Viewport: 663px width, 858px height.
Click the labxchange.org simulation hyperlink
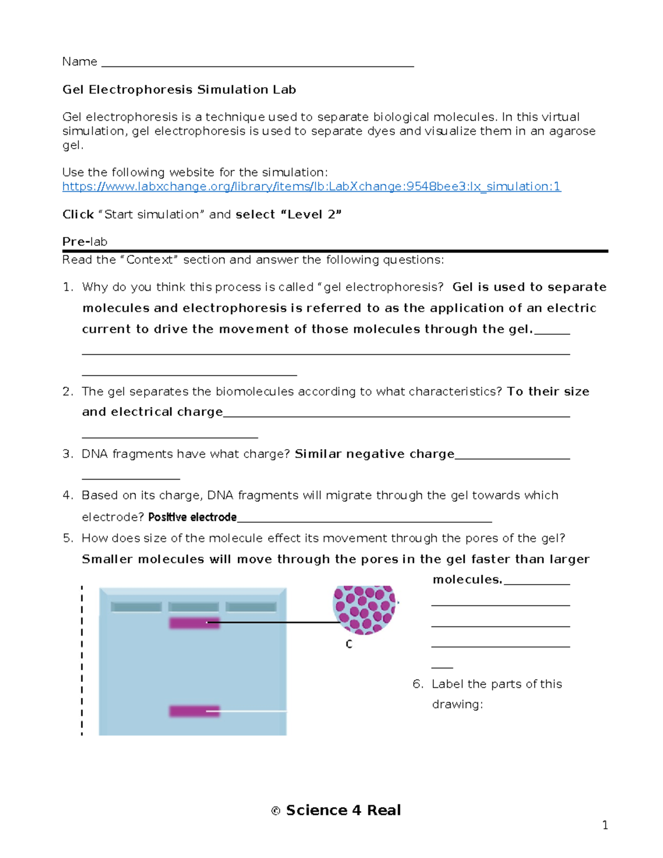point(311,187)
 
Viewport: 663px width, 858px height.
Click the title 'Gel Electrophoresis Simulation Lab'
point(179,90)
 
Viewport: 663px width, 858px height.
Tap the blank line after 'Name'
point(257,63)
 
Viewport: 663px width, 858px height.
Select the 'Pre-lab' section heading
point(85,241)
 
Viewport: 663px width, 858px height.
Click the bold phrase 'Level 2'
point(312,214)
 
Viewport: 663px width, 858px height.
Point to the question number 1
point(67,287)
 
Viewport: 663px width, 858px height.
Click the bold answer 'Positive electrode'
point(192,517)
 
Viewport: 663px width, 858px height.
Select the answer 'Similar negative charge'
point(374,454)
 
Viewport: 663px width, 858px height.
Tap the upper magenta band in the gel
point(194,623)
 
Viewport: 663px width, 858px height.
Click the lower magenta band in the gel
point(194,711)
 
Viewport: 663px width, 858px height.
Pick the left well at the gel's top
point(136,607)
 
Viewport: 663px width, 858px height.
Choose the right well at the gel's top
point(251,607)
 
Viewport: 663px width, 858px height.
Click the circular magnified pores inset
point(365,608)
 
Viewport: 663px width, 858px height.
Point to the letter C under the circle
point(349,644)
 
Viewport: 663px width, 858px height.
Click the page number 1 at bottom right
point(605,825)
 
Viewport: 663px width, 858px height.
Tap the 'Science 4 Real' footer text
point(343,810)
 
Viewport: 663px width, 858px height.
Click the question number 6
point(418,684)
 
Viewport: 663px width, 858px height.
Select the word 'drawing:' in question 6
point(457,704)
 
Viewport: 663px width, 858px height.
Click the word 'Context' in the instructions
point(149,260)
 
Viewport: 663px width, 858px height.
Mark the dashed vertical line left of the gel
point(82,660)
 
